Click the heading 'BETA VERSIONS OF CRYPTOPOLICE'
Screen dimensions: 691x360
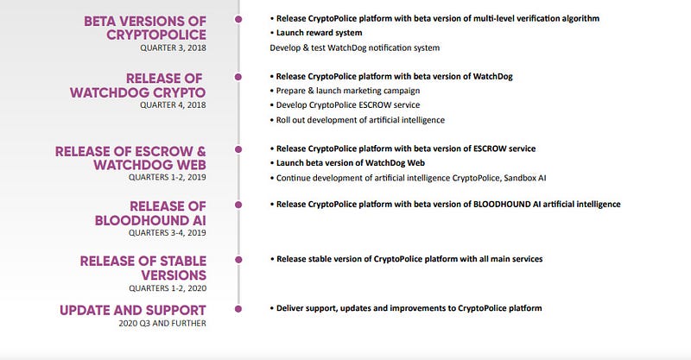145,28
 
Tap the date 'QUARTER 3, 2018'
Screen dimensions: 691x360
174,47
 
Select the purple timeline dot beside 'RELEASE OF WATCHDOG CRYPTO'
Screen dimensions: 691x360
238,77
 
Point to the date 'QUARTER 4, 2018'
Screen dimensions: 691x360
174,104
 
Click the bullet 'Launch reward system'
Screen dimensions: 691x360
316,33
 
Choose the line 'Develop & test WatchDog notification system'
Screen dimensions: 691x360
355,47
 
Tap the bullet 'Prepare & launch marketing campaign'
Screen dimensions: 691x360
345,91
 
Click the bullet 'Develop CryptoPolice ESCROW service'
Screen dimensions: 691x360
345,104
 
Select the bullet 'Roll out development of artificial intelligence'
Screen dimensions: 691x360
358,120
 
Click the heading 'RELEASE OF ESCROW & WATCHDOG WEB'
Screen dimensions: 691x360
131,158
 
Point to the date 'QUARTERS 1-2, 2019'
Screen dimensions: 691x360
168,177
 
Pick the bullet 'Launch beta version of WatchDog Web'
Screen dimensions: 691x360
347,163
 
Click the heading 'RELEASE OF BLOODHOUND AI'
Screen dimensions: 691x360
150,213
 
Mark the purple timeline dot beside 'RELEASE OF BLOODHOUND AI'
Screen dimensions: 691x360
238,205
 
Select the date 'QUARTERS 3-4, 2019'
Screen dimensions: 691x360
168,232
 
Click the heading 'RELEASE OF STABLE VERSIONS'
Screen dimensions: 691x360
143,268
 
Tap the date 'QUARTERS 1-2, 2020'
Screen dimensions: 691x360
168,288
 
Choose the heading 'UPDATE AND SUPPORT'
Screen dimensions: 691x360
133,310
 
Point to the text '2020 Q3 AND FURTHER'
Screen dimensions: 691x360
162,324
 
